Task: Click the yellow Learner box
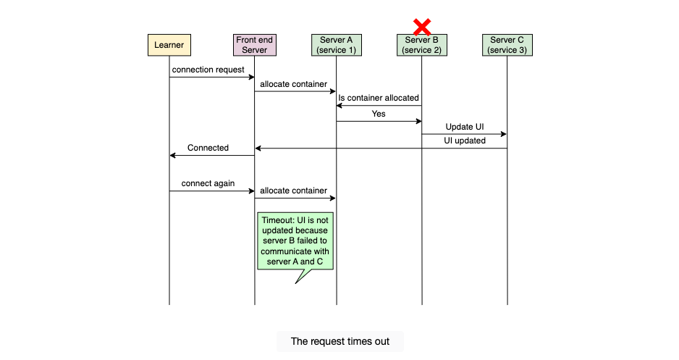coord(169,45)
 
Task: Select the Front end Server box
coord(255,45)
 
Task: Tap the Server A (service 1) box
coord(337,45)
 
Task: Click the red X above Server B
coord(422,27)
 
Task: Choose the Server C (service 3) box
coord(507,45)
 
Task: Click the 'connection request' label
coord(208,70)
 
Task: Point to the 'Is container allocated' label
coord(379,98)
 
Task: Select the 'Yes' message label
coord(379,114)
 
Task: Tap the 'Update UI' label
coord(465,127)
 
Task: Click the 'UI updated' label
coord(465,141)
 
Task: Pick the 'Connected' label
coord(208,148)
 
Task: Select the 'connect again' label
coord(208,183)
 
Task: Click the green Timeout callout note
coord(295,241)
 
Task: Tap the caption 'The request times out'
coord(340,341)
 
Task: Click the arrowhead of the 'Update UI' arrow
coord(504,134)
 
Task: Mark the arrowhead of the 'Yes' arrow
coord(418,121)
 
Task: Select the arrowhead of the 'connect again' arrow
coord(252,191)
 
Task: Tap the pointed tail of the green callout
coord(296,283)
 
